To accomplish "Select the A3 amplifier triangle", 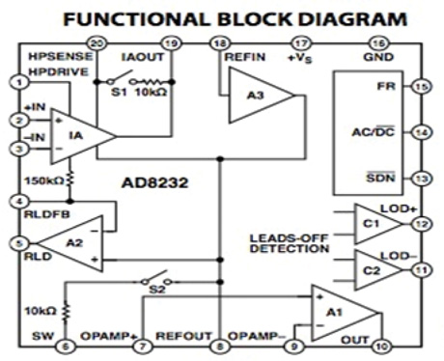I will pos(254,96).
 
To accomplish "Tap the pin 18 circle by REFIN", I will pos(220,43).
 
